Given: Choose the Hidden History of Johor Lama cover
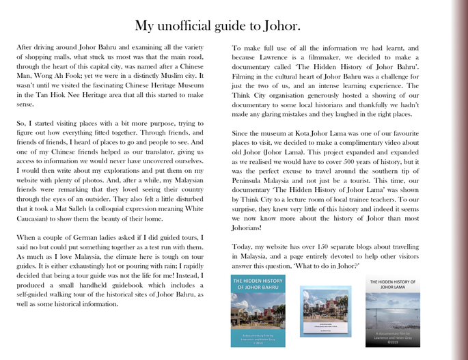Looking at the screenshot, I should pos(393,311).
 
